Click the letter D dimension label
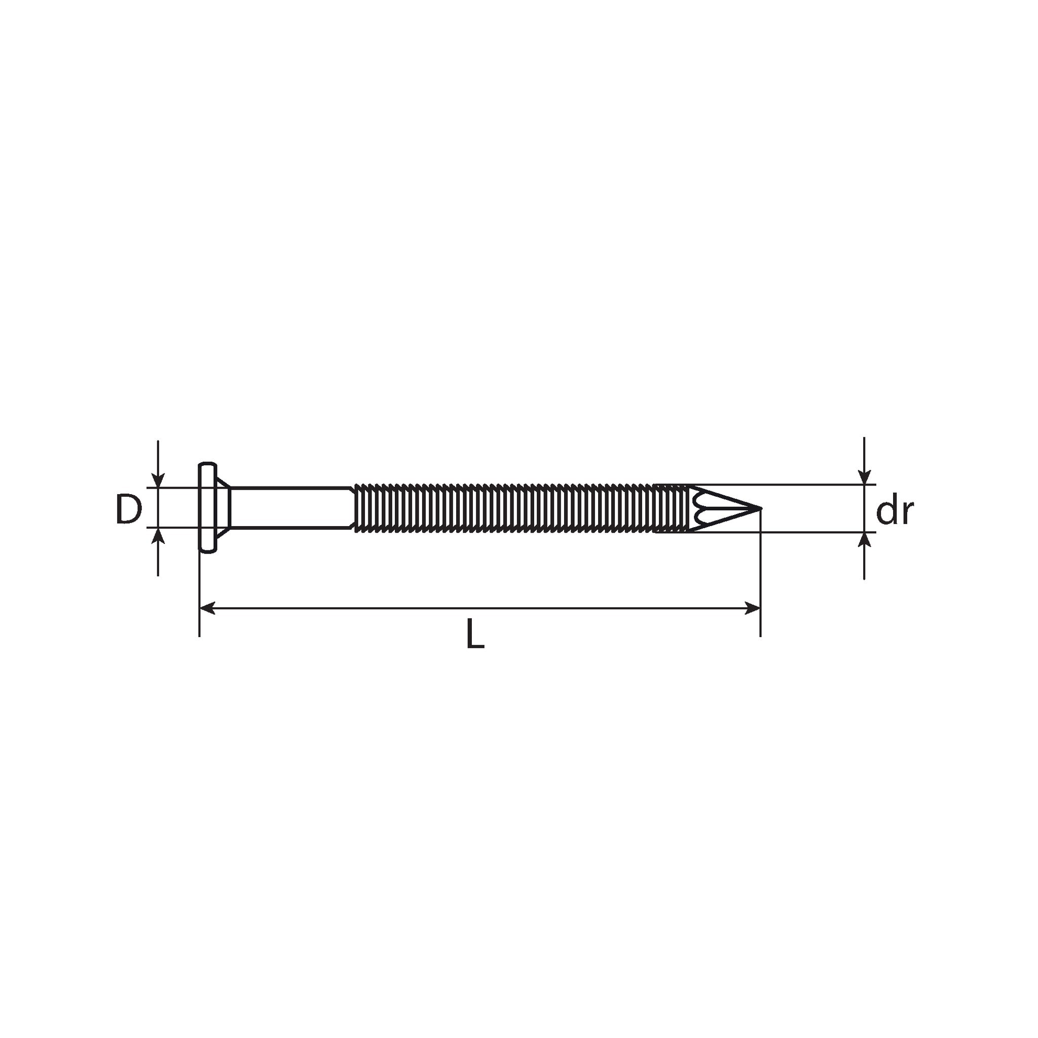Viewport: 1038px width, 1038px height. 128,509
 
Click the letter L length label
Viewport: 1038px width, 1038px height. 475,634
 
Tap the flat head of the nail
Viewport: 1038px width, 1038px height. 207,507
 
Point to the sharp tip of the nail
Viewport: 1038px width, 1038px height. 761,508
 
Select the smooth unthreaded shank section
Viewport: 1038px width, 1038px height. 292,508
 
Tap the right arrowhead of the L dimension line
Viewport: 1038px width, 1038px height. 753,608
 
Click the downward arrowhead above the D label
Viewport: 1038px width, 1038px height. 158,480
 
